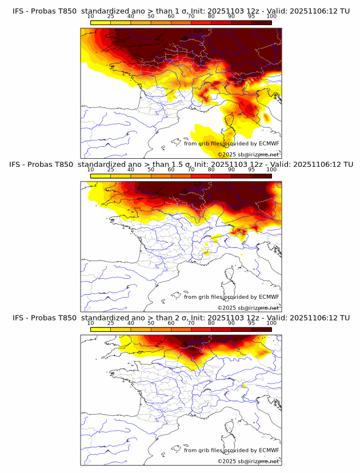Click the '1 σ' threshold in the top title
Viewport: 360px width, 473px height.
(x=166, y=11)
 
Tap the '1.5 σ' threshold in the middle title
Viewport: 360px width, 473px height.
(x=169, y=164)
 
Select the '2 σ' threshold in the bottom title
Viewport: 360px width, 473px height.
(x=166, y=317)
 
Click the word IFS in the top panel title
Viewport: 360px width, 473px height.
(x=18, y=11)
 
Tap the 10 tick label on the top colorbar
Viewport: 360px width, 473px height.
(x=91, y=16)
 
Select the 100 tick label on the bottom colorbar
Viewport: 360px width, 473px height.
(x=271, y=323)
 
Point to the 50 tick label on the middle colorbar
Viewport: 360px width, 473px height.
(x=151, y=170)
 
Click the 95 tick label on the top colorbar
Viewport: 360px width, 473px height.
(x=251, y=16)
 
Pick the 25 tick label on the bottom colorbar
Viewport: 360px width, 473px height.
(x=111, y=323)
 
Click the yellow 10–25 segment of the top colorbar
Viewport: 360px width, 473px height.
(x=101, y=22)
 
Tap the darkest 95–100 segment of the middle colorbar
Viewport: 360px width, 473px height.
(x=261, y=175)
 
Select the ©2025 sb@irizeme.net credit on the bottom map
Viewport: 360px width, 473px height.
(x=248, y=461)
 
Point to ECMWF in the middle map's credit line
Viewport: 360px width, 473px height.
(x=269, y=296)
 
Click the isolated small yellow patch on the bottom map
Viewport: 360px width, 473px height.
(x=244, y=386)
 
